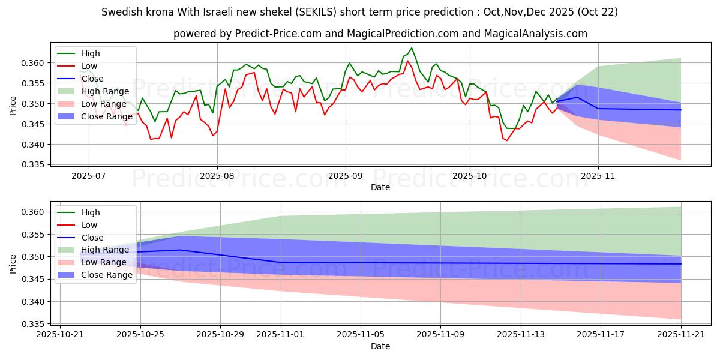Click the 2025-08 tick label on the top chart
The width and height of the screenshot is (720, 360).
[x=217, y=176]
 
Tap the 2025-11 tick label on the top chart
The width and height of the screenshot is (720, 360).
[x=598, y=176]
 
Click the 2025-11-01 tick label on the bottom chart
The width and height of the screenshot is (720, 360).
[x=281, y=335]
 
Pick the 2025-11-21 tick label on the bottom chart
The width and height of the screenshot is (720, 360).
[x=681, y=335]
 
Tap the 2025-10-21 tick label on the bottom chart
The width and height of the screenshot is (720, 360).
[x=60, y=335]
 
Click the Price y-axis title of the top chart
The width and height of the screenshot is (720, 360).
[x=13, y=105]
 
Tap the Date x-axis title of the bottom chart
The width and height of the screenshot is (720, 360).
[x=380, y=346]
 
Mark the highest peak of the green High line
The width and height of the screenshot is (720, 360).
[x=412, y=48]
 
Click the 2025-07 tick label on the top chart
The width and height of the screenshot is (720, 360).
[x=89, y=176]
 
